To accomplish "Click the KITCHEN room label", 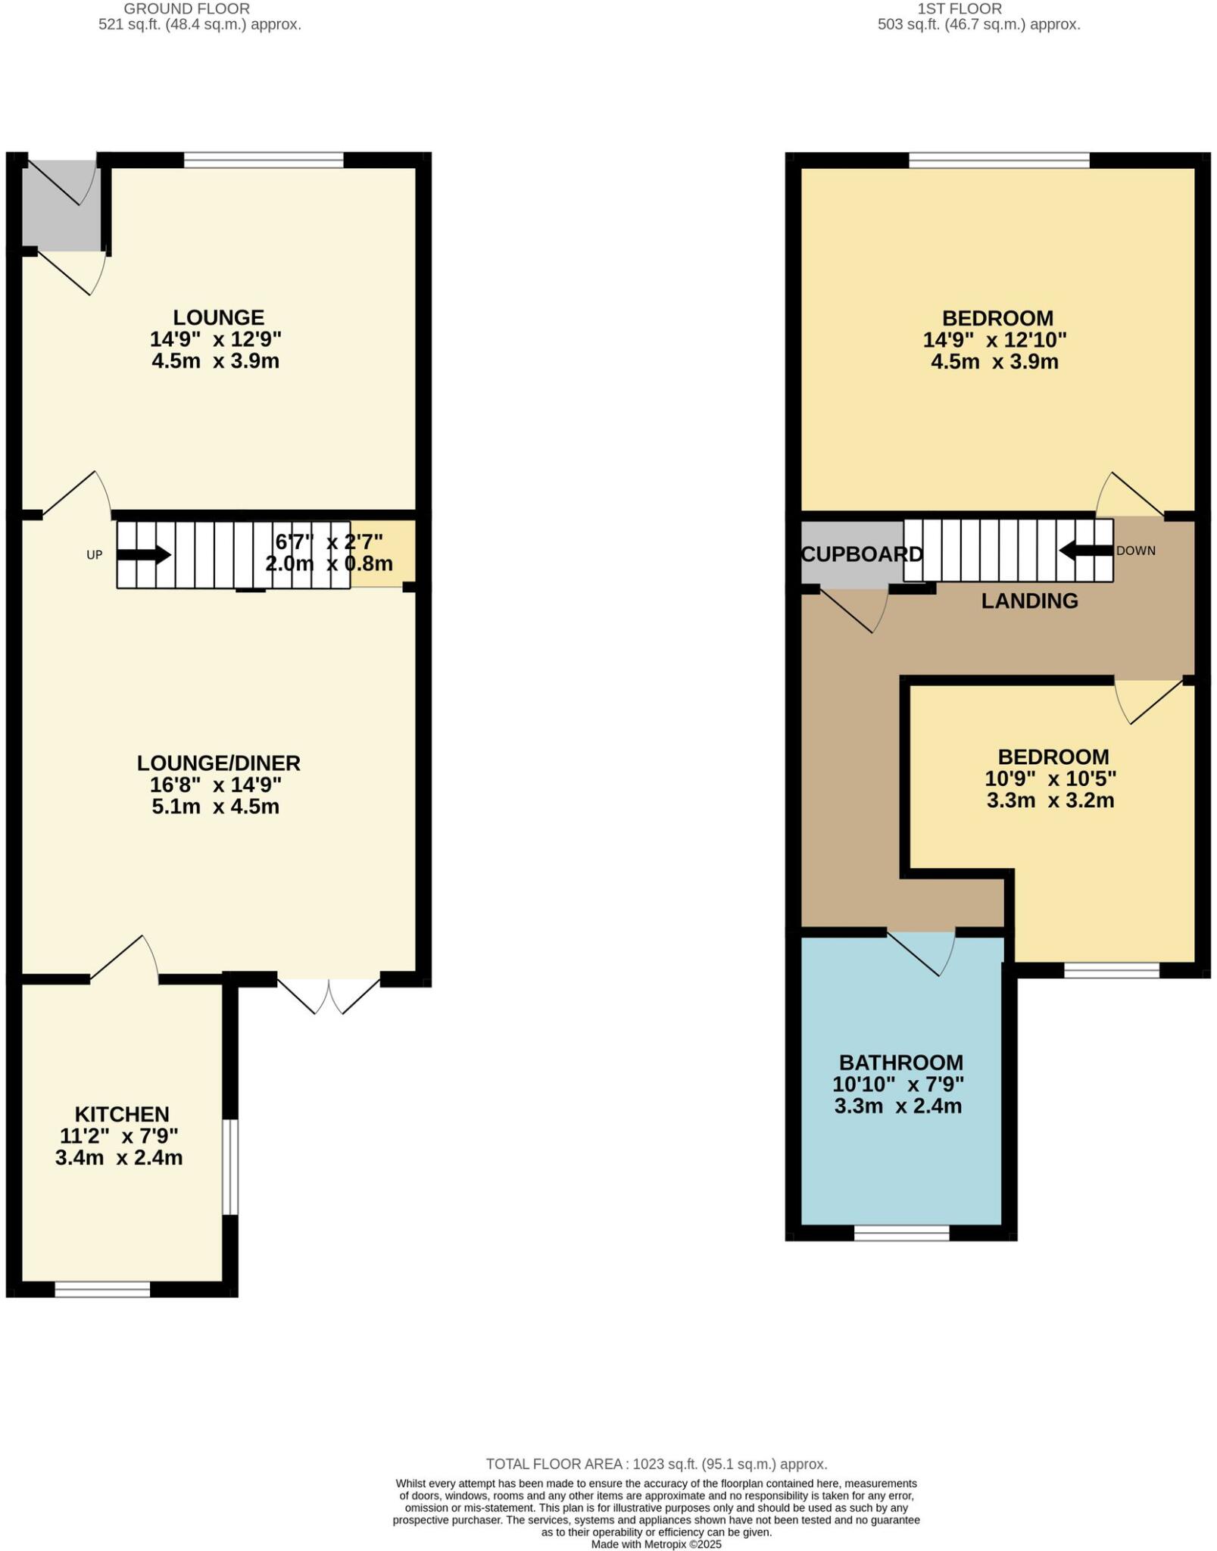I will [x=121, y=1114].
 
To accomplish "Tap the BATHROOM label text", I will [x=900, y=1063].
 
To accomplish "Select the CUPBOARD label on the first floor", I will [x=862, y=554].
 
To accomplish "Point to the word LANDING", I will [x=1029, y=601].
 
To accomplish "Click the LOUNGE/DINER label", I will [x=218, y=763].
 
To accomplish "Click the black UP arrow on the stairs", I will [x=143, y=555].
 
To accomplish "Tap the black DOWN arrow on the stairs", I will [x=1085, y=551].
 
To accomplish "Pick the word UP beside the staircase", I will [x=94, y=555].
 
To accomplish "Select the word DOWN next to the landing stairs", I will [x=1135, y=551].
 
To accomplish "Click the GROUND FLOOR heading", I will [x=186, y=9].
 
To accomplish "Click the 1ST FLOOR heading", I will [x=960, y=9].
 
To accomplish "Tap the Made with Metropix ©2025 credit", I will [x=656, y=1544].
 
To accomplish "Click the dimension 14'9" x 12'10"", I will [x=994, y=340].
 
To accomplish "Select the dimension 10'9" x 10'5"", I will [x=1050, y=779].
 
